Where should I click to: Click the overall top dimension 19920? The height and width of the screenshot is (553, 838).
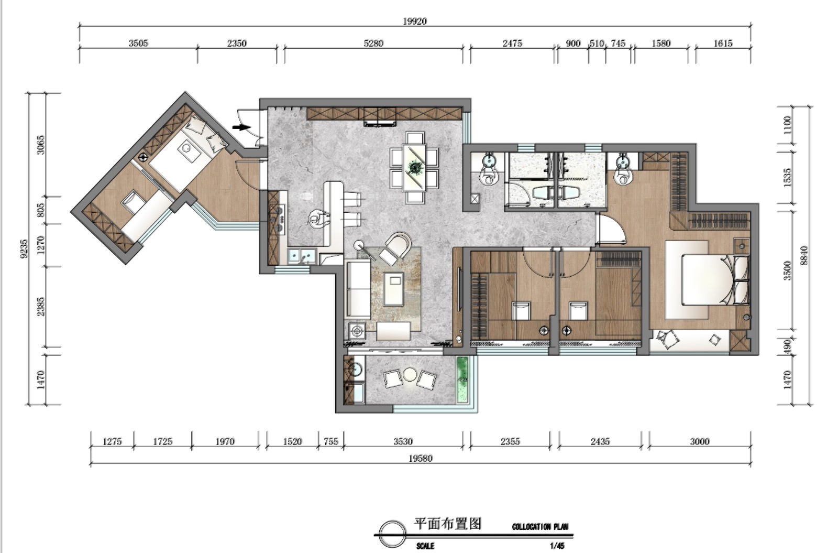[x=414, y=21]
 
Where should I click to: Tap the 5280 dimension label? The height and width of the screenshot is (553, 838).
[x=373, y=44]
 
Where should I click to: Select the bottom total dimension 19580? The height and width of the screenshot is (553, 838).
[x=420, y=458]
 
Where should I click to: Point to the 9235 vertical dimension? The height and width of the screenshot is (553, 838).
[x=24, y=248]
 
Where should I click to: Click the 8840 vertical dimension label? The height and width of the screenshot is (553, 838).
[x=804, y=255]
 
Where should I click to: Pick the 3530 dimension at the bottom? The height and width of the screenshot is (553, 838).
[x=403, y=441]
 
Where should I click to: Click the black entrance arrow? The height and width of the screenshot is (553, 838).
[x=241, y=127]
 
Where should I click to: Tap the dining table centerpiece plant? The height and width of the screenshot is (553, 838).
[x=414, y=167]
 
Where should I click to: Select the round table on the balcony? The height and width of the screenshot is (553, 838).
[x=410, y=374]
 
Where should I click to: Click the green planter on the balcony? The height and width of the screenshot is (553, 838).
[x=462, y=379]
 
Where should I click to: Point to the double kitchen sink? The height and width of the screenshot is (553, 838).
[x=302, y=256]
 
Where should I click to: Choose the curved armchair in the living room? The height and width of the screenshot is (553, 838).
[x=395, y=248]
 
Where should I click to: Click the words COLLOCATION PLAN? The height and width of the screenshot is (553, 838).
[x=540, y=527]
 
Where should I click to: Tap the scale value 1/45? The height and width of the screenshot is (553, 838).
[x=557, y=546]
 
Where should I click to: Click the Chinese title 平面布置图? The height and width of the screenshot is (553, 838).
[x=447, y=524]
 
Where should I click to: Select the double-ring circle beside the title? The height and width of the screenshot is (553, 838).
[x=392, y=534]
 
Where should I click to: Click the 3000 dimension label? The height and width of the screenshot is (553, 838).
[x=699, y=441]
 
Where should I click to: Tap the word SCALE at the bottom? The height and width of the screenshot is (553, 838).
[x=425, y=546]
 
